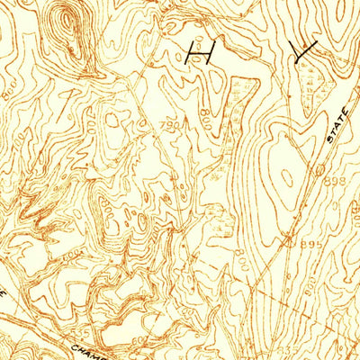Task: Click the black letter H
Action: pyautogui.click(x=197, y=55)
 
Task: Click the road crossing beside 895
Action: pyautogui.click(x=286, y=239)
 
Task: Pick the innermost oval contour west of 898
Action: pyautogui.click(x=286, y=175)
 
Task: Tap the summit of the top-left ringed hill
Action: pyautogui.click(x=68, y=22)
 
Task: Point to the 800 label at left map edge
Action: pyautogui.click(x=8, y=90)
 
